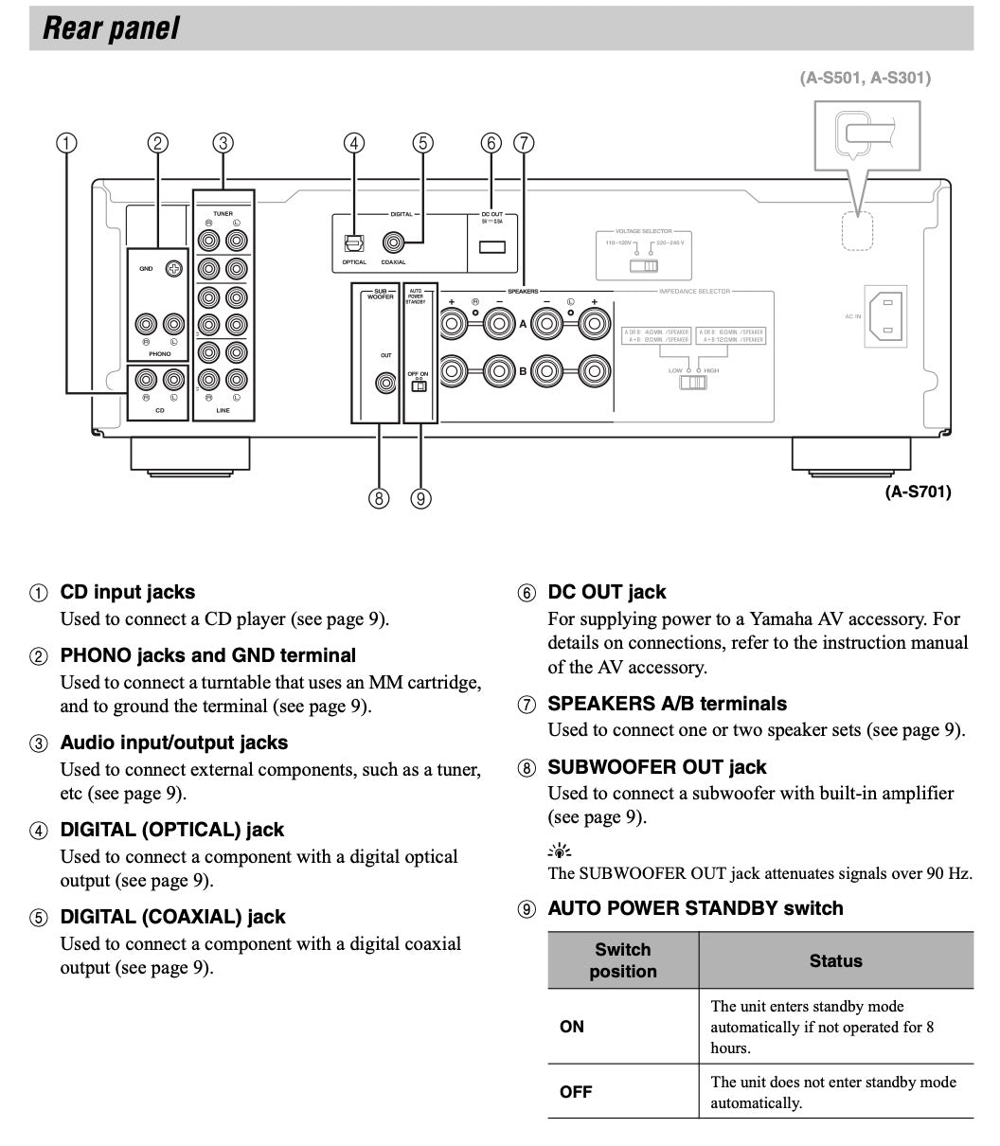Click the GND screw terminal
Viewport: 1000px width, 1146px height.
tap(173, 269)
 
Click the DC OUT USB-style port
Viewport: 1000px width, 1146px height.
tap(491, 247)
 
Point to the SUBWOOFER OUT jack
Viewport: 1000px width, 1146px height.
tap(384, 383)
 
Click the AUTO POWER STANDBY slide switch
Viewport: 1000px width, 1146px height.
tap(418, 385)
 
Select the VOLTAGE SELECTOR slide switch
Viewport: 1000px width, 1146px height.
tap(644, 266)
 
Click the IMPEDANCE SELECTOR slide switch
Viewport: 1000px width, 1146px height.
tap(693, 383)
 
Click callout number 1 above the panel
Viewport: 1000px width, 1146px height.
tap(65, 143)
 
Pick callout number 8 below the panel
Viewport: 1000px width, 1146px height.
tap(379, 498)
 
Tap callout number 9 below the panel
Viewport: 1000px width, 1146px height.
tap(421, 498)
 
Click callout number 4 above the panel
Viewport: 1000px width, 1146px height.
tap(354, 143)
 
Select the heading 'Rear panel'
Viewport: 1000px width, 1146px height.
tap(112, 28)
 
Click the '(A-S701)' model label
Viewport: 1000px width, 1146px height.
tap(918, 492)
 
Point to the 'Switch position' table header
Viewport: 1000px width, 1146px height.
tap(623, 960)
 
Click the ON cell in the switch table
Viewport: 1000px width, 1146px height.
tap(572, 1027)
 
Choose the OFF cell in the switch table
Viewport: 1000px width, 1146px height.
tap(576, 1092)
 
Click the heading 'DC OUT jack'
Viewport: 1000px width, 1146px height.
tap(606, 592)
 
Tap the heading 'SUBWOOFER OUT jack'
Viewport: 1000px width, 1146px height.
tap(656, 766)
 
